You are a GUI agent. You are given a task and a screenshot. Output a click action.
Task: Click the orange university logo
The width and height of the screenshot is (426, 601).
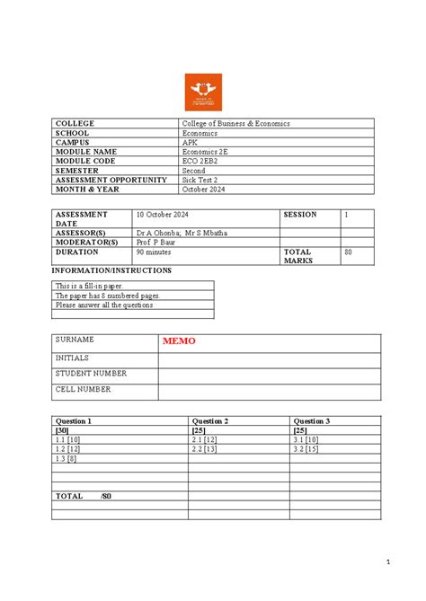coord(203,92)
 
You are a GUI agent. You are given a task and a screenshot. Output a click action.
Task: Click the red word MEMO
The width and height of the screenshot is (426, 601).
coord(179,341)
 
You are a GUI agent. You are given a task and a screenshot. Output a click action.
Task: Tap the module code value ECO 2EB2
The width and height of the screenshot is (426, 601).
coord(202,161)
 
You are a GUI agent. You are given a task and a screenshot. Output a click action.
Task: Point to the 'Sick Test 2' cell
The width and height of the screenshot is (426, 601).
coord(203,180)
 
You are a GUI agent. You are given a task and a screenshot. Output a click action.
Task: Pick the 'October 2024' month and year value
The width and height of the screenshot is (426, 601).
coord(206,189)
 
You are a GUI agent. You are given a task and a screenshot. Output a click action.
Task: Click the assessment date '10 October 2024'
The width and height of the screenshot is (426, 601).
coord(164,215)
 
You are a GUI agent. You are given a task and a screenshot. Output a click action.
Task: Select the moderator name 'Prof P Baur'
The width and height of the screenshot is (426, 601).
coord(157,243)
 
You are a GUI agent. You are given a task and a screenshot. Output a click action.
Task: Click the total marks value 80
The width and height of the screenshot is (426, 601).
coord(350,252)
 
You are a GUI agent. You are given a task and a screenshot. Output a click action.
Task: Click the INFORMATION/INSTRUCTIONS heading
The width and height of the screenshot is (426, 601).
coord(111,270)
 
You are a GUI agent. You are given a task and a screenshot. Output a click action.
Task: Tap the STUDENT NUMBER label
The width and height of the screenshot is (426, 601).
coord(91,373)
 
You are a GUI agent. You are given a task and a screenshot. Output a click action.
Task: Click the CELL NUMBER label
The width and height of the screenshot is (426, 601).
coord(84,389)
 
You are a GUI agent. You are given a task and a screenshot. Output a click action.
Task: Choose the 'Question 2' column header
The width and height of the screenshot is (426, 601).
coord(210,420)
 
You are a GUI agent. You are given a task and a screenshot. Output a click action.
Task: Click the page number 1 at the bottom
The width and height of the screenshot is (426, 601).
coord(387,563)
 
